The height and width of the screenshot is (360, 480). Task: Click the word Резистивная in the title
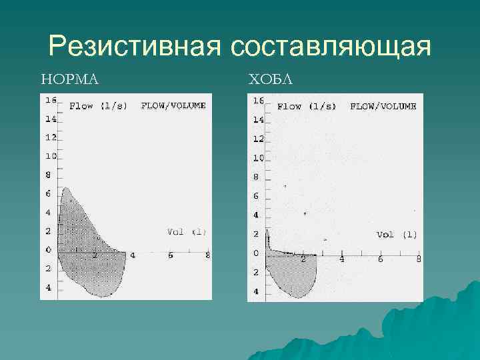135,48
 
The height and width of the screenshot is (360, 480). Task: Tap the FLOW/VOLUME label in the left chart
173,105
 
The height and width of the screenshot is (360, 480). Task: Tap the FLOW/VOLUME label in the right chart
383,106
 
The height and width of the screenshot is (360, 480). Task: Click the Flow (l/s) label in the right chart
306,106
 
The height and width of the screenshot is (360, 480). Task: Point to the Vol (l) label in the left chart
187,232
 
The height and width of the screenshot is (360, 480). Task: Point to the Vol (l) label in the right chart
397,234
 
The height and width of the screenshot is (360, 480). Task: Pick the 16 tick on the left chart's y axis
50,100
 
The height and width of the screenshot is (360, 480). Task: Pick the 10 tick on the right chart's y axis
258,158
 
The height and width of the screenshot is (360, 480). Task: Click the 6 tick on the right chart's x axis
380,259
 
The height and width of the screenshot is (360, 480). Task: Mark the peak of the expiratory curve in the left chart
64,189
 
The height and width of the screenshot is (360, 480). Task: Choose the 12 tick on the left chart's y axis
50,137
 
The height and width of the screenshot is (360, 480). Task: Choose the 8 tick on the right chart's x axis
419,259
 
